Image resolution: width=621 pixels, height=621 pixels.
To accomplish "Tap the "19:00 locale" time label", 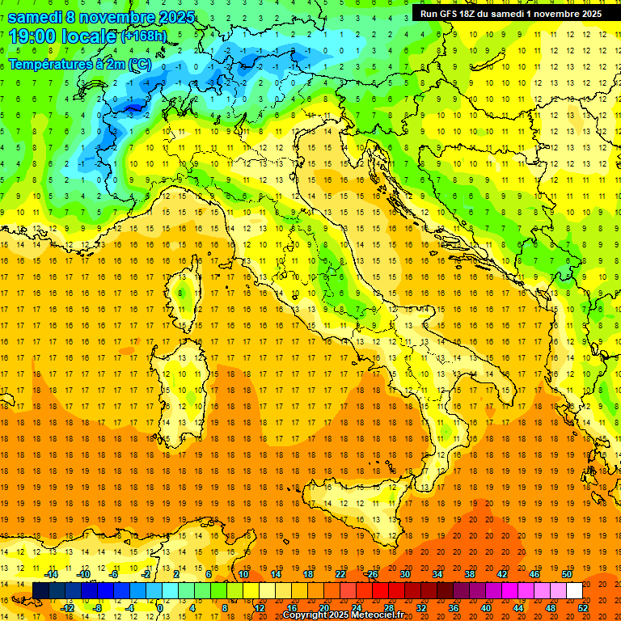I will coord(63,36).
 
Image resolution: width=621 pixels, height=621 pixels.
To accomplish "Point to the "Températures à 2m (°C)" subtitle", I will coord(79,63).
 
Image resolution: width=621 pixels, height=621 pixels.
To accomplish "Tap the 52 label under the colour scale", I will coord(584,607).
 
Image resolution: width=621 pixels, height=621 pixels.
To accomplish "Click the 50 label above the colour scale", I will coord(567,574).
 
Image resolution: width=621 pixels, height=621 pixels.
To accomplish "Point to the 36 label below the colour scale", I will coord(454,607).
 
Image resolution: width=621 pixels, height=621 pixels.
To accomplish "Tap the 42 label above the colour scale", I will coord(502,574).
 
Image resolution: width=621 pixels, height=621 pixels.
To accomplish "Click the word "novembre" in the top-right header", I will coord(550,14).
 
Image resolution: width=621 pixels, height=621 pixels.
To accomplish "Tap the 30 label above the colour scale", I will coord(405,574).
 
